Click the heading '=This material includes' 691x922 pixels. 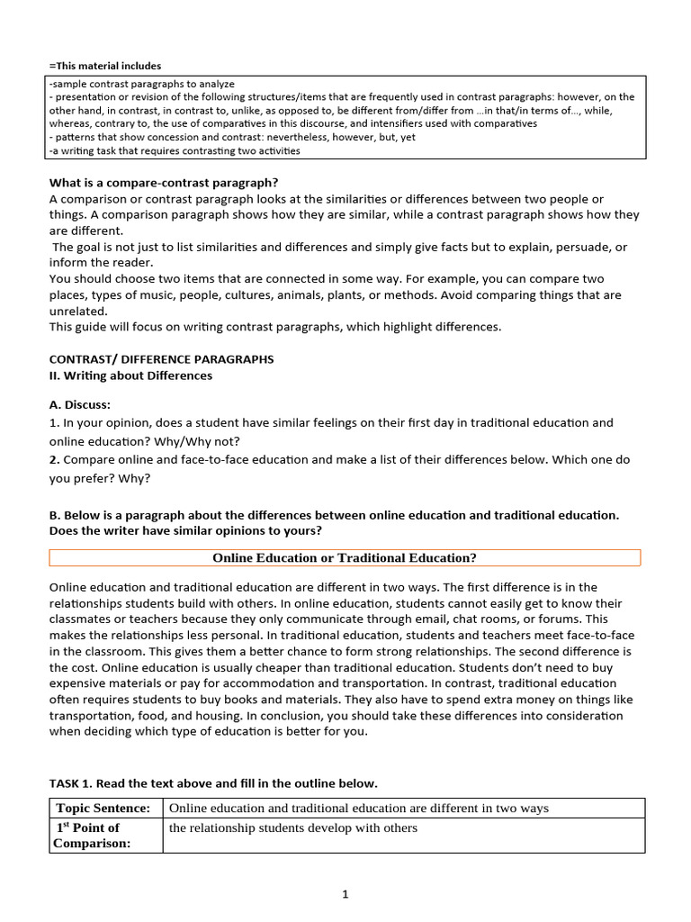pos(105,66)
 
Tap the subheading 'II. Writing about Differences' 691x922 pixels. pos(130,375)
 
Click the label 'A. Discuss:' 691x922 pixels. pos(80,405)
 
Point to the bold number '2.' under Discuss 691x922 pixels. pos(55,459)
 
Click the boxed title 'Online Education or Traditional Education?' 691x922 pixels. pos(345,558)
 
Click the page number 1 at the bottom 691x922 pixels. pos(345,894)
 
